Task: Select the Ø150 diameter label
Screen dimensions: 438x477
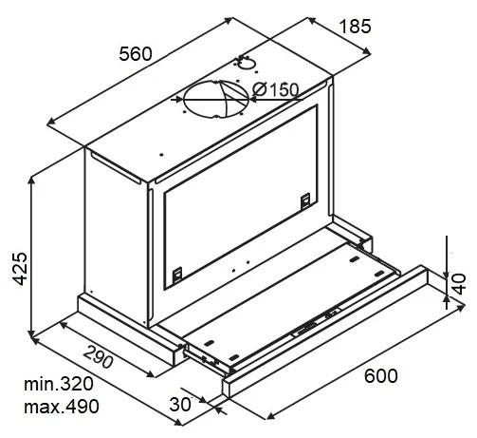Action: (276, 90)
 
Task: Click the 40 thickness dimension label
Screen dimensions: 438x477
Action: (459, 284)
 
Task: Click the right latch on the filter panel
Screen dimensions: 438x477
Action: (305, 200)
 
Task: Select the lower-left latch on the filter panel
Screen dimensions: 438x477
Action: (176, 275)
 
